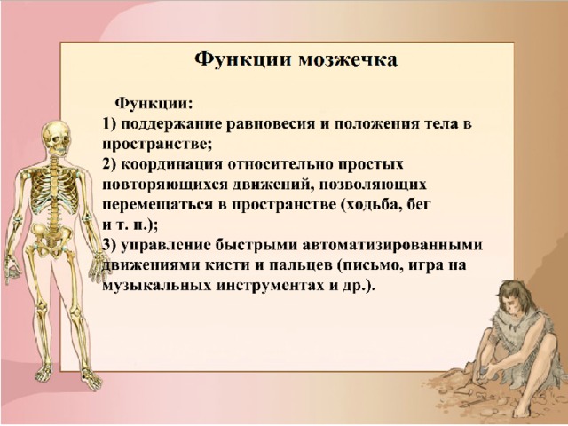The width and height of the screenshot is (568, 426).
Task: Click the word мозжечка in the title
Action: pos(348,59)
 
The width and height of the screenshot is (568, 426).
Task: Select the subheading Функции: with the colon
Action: pos(154,104)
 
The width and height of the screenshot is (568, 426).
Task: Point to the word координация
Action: pos(171,165)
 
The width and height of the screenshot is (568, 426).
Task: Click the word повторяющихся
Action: pos(164,185)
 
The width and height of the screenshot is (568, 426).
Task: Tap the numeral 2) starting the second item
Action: pos(109,165)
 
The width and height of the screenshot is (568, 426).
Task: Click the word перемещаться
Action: pos(158,205)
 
